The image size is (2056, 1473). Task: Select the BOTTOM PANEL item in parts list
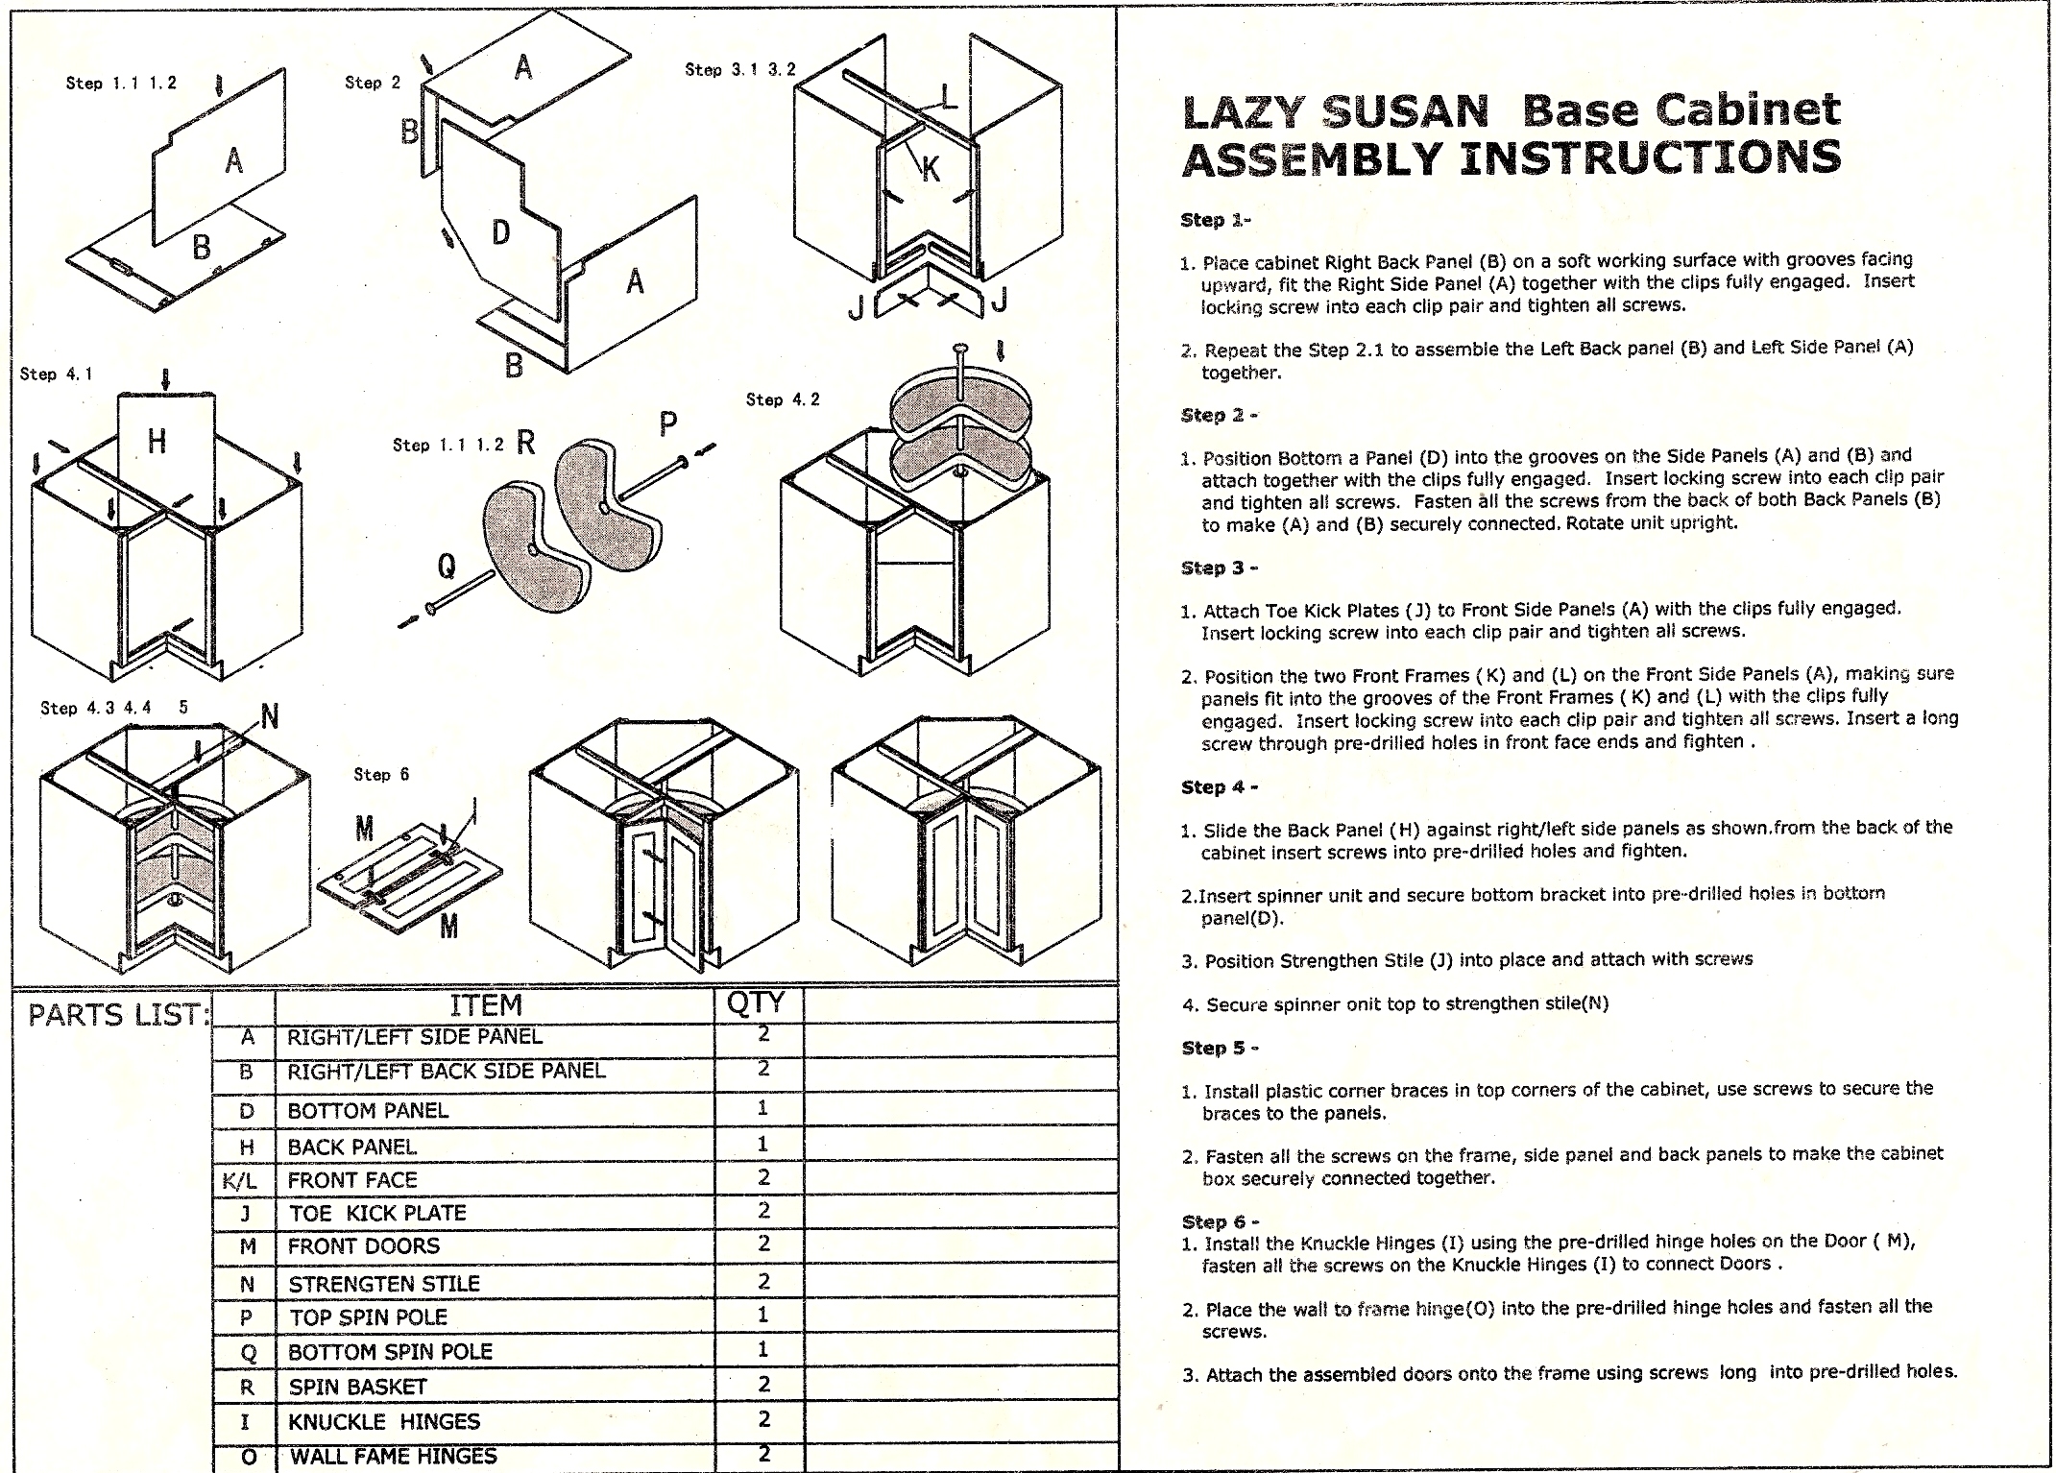pyautogui.click(x=368, y=1111)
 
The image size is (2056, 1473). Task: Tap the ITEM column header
pyautogui.click(x=486, y=1005)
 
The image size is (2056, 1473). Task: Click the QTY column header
pyautogui.click(x=757, y=1002)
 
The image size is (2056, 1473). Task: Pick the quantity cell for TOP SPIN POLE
pyautogui.click(x=762, y=1314)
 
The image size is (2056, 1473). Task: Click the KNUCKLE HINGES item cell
pyautogui.click(x=384, y=1421)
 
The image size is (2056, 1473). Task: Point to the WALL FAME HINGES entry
pyautogui.click(x=393, y=1456)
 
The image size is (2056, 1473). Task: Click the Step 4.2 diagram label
pyautogui.click(x=783, y=399)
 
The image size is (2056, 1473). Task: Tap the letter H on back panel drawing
pyautogui.click(x=157, y=441)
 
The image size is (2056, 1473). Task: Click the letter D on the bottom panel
pyautogui.click(x=500, y=232)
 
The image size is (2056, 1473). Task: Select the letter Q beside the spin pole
pyautogui.click(x=446, y=567)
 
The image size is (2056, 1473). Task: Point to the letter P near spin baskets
pyautogui.click(x=668, y=423)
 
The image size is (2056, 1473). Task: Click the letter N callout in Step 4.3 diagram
pyautogui.click(x=270, y=716)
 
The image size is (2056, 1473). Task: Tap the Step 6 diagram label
pyautogui.click(x=381, y=774)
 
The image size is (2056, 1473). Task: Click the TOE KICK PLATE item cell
pyautogui.click(x=377, y=1213)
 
